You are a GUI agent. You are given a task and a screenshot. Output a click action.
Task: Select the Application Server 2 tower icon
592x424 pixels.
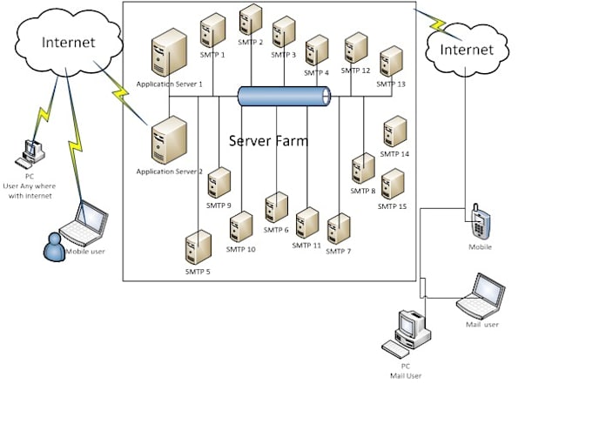coord(169,140)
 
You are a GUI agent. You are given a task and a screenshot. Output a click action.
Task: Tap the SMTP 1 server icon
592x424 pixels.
coord(212,30)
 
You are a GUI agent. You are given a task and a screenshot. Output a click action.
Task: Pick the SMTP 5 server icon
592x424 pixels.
coord(198,247)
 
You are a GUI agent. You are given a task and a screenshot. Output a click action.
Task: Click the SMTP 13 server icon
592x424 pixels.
coord(391,61)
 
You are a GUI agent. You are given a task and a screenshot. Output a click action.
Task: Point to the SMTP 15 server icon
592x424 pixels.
coord(393,184)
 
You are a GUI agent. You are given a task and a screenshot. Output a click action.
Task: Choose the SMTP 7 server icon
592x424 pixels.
coord(338,228)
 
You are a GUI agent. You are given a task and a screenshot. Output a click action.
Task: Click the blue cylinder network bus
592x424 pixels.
coord(285,97)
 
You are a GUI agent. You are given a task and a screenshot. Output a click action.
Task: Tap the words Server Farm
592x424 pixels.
coord(268,140)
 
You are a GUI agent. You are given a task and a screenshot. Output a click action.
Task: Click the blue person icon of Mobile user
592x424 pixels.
coord(55,247)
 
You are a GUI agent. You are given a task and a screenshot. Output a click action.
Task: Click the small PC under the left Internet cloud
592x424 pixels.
coord(33,153)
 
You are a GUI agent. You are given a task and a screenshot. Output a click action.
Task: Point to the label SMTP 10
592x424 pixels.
coord(240,250)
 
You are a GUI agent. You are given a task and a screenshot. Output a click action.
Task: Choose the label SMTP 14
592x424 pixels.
coord(394,154)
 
